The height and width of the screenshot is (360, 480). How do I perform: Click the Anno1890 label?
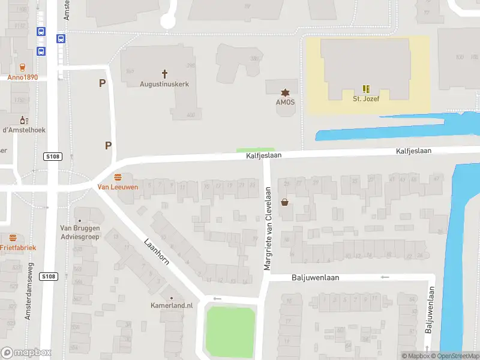tap(22, 77)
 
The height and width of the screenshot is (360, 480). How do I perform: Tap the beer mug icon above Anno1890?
tap(22, 67)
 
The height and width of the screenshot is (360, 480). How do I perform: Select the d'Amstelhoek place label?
tap(24, 130)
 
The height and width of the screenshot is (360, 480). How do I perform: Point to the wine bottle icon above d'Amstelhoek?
tap(24, 120)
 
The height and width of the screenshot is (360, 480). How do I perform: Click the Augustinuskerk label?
tap(164, 84)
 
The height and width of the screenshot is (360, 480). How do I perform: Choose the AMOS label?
tap(285, 102)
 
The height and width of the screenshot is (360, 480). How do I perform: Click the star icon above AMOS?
tap(285, 92)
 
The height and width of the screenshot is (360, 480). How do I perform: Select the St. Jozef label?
tap(364, 99)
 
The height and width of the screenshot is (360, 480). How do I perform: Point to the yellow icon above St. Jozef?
tap(365, 88)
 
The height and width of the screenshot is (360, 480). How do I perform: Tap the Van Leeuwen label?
tap(118, 187)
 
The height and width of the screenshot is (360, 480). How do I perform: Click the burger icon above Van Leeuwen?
tap(118, 177)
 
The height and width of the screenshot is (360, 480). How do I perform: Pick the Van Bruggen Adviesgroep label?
tap(80, 232)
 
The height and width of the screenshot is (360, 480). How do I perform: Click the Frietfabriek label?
tap(17, 247)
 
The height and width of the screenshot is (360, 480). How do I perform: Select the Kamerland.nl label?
tap(172, 305)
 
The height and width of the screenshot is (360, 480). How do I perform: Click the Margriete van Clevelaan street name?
tap(268, 227)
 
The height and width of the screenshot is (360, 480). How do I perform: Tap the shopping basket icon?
tap(284, 202)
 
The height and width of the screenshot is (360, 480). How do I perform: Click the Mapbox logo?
tap(26, 353)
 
